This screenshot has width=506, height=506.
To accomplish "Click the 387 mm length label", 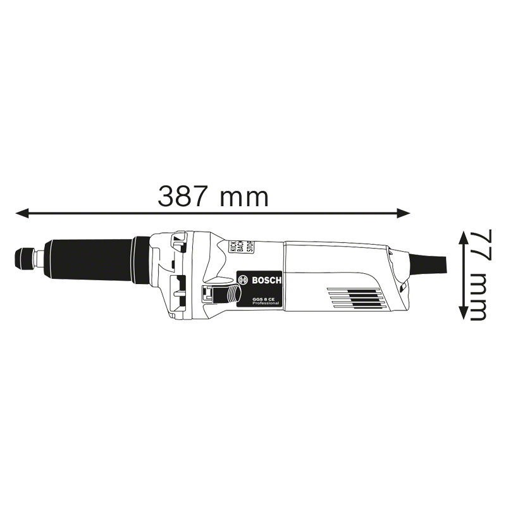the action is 213,197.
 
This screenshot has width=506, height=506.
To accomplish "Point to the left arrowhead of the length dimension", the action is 23,213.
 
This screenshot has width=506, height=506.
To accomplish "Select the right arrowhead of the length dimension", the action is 403,213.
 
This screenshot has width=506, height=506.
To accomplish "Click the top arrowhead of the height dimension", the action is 464,238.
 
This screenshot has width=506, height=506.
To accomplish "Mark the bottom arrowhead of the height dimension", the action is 464,312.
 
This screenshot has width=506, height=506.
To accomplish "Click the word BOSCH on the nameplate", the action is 266,280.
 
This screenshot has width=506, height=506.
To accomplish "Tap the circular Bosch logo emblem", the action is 244,280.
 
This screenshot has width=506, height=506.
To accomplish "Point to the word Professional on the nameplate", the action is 266,304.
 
